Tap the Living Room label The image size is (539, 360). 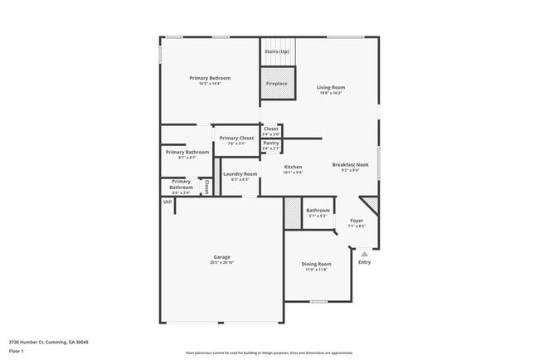pos(331,87)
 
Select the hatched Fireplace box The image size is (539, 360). pos(277,84)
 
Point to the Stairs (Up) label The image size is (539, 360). pos(277,51)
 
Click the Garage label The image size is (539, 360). pos(221,257)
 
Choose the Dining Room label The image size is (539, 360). pos(316,264)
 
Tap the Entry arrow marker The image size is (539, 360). pos(363,253)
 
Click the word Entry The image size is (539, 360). pos(365,262)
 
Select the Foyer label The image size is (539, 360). pos(357,221)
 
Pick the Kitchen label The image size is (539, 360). pos(293,167)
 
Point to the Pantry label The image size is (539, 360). pos(271,144)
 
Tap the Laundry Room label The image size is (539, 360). pos(240,173)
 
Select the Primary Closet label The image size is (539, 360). pos(236,138)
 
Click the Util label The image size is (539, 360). pos(167,202)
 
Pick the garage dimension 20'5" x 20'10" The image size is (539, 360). pos(221,263)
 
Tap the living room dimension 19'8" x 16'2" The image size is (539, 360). pos(331,93)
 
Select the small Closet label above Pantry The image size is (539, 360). pos(271,129)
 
